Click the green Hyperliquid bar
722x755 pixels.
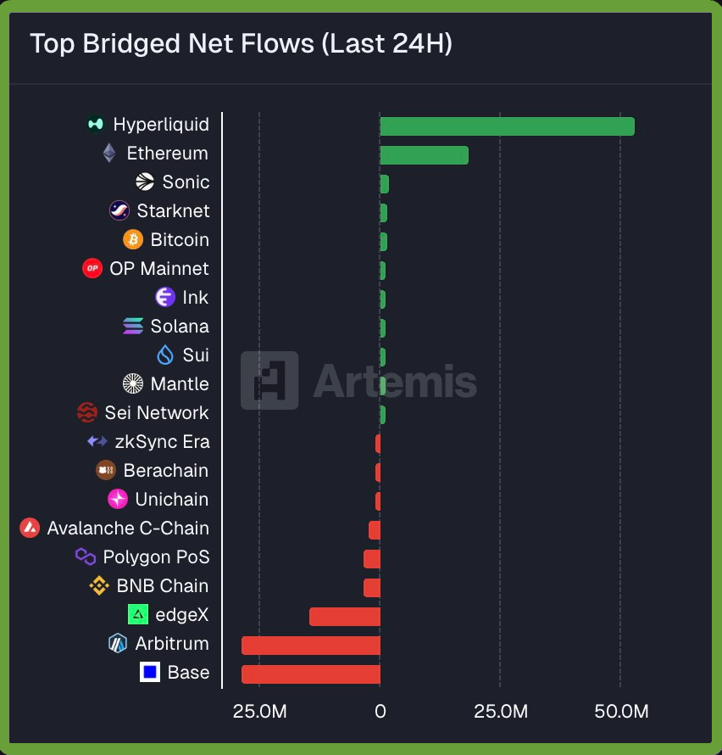point(507,126)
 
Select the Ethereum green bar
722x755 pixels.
point(424,155)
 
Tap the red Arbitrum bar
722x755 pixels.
point(310,646)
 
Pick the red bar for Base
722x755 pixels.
point(310,674)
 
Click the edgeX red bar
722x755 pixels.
point(344,617)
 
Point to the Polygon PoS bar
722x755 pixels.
point(371,559)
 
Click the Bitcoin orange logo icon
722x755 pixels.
point(133,240)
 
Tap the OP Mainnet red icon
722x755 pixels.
point(92,269)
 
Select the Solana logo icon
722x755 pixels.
point(133,327)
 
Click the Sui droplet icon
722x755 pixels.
point(165,355)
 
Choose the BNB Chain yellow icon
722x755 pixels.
point(99,586)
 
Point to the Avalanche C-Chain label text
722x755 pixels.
point(128,528)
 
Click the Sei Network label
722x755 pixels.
point(156,413)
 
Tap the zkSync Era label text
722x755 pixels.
point(162,442)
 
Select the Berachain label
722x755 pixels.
point(165,471)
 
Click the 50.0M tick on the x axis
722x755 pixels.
point(621,711)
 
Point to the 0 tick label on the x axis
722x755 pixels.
point(380,711)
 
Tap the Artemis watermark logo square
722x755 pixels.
point(269,380)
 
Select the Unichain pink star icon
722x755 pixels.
point(118,500)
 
